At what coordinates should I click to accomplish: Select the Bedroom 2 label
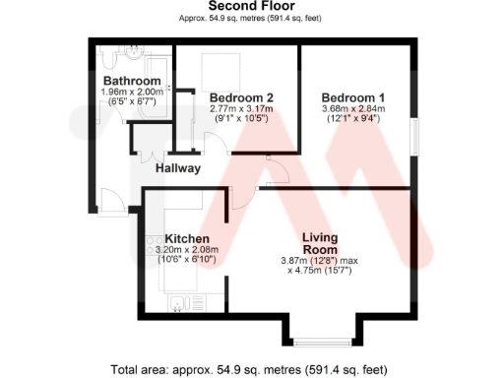click(x=241, y=97)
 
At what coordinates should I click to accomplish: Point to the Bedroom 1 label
click(x=353, y=97)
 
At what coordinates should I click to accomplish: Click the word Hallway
click(x=178, y=168)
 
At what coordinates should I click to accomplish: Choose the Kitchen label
click(x=187, y=239)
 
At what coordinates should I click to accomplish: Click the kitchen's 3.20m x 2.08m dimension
click(x=186, y=250)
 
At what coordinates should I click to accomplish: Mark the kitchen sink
click(x=177, y=301)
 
